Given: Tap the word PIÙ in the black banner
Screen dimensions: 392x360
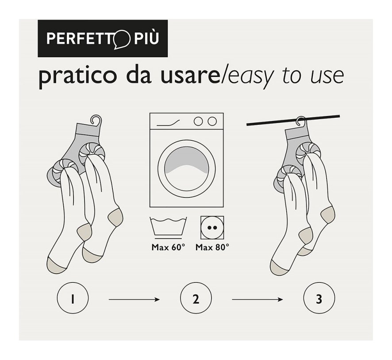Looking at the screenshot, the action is point(146,38).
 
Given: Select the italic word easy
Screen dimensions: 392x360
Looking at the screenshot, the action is point(250,77).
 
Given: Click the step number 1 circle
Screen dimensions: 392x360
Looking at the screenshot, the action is point(73,298).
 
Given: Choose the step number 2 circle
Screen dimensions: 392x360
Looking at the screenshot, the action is point(196,298).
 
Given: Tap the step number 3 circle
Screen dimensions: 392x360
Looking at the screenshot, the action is point(319,298).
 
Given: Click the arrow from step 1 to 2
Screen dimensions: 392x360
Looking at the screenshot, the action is point(134,299).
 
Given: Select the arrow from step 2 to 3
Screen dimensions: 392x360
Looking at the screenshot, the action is point(257,299).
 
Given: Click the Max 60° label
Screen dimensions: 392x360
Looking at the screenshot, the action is point(168,248).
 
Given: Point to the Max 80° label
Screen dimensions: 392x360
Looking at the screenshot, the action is point(212,248).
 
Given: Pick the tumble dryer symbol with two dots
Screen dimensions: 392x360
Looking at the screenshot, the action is point(212,228).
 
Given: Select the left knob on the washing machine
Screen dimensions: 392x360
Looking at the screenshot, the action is point(198,121).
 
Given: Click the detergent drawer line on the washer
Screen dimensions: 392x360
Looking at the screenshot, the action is point(168,123).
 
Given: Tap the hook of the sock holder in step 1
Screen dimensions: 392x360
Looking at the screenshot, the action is point(96,120).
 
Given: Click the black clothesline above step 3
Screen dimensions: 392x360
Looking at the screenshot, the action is point(293,120).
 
